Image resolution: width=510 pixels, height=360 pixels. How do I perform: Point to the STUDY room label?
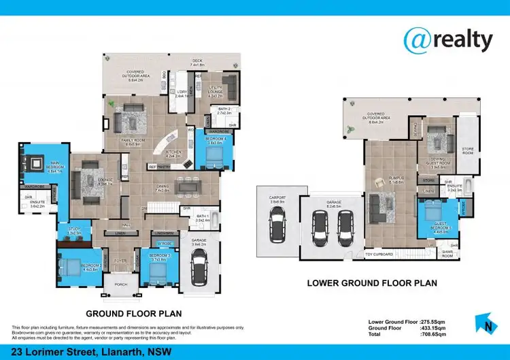pyautogui.click(x=75, y=230)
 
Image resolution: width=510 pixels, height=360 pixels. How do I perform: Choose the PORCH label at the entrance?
pyautogui.click(x=120, y=284)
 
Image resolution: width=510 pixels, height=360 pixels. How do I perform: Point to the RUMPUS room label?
pyautogui.click(x=377, y=180)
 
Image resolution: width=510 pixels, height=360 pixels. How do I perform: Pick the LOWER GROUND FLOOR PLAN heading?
pyautogui.click(x=371, y=282)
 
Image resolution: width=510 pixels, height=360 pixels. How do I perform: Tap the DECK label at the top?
pyautogui.click(x=197, y=60)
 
